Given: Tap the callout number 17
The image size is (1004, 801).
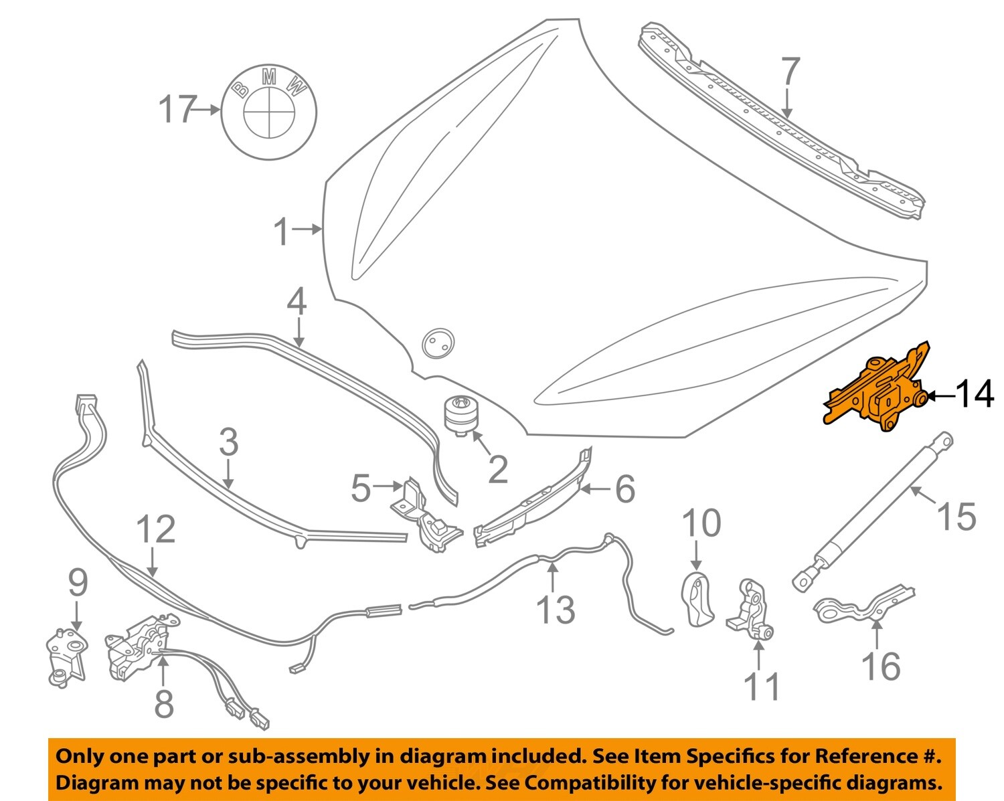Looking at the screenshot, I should [x=177, y=110].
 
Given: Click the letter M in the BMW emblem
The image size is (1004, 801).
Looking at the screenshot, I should [x=269, y=78].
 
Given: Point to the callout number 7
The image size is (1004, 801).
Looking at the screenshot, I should [x=790, y=72].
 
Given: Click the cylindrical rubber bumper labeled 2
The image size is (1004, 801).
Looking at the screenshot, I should [x=461, y=416].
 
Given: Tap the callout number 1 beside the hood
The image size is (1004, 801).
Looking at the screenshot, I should [x=282, y=232].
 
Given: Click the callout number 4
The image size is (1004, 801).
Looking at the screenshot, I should [x=297, y=302].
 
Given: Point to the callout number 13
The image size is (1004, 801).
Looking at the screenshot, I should [x=556, y=610].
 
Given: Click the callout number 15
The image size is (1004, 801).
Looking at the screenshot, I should [x=956, y=516].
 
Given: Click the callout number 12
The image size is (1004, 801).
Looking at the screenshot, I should [x=155, y=529].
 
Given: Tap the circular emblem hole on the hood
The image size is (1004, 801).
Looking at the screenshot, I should [x=438, y=343].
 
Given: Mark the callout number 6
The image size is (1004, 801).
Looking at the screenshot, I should [x=624, y=489].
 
